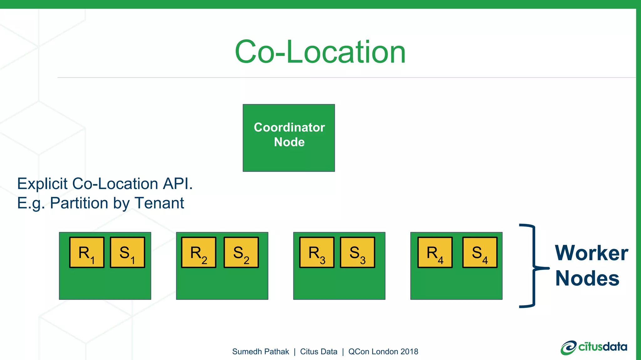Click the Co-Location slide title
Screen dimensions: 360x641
click(x=320, y=52)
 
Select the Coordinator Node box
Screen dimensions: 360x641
click(x=289, y=138)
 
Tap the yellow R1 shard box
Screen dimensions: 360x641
click(x=87, y=252)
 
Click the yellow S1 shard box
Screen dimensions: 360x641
click(x=127, y=252)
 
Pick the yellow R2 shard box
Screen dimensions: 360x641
click(x=198, y=252)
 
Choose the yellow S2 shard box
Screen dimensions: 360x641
click(x=241, y=252)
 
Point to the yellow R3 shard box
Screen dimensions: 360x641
click(x=317, y=252)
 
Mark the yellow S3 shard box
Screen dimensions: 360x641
click(x=357, y=252)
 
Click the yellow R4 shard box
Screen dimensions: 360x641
click(x=435, y=252)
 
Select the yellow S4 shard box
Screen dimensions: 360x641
click(x=480, y=252)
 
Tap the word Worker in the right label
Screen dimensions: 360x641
click(x=591, y=253)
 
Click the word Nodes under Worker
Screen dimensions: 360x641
click(x=587, y=278)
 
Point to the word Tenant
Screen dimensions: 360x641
click(x=159, y=203)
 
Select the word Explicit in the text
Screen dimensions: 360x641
click(x=42, y=184)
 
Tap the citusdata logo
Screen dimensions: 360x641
click(x=594, y=347)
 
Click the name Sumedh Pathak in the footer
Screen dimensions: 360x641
click(x=260, y=352)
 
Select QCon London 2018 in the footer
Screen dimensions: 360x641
click(x=383, y=352)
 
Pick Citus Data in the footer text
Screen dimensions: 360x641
click(x=319, y=352)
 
